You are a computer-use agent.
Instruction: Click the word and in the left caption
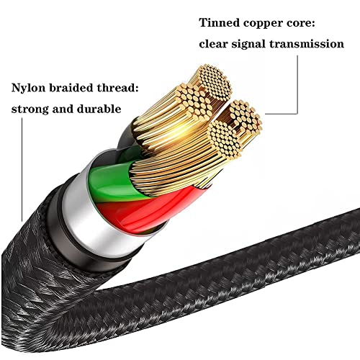coord(63,110)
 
